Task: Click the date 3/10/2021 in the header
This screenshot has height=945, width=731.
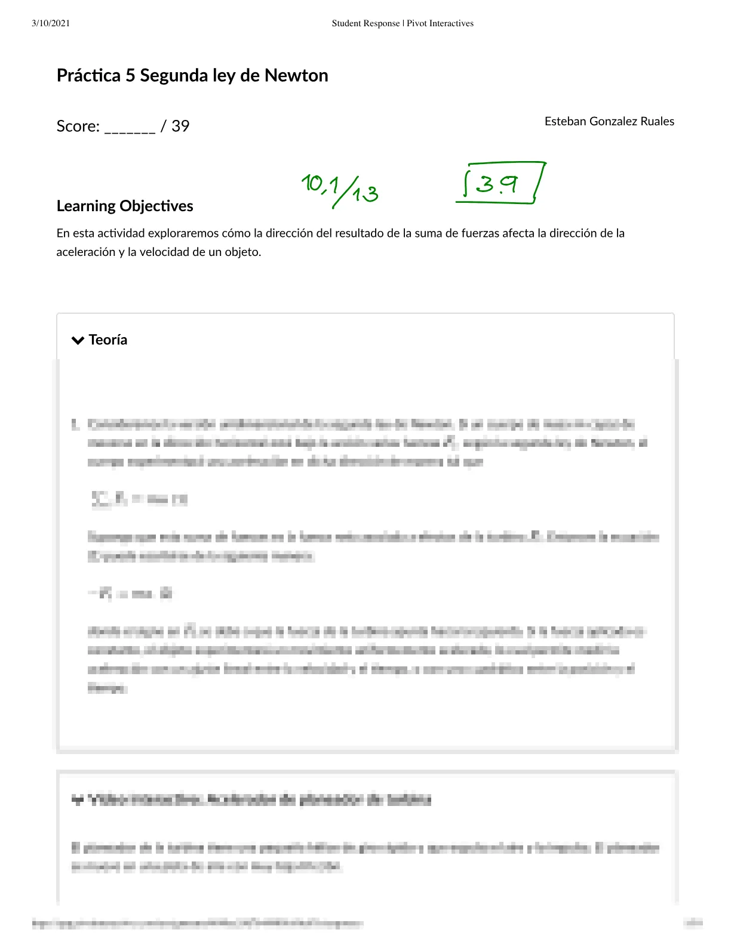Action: click(51, 23)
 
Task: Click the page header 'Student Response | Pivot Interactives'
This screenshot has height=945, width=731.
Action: click(403, 23)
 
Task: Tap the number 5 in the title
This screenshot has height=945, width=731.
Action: click(130, 76)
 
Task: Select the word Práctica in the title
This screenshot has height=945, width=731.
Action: click(88, 76)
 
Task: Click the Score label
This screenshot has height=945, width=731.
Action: click(78, 126)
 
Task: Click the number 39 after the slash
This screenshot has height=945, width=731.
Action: click(180, 126)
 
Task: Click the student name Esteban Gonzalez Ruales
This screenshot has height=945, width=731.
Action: click(609, 121)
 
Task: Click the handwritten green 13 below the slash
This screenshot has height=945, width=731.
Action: click(365, 194)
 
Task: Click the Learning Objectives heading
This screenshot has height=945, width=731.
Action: click(125, 206)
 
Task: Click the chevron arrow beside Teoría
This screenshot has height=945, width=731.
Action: click(78, 340)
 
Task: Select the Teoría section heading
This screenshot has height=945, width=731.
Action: click(108, 340)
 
